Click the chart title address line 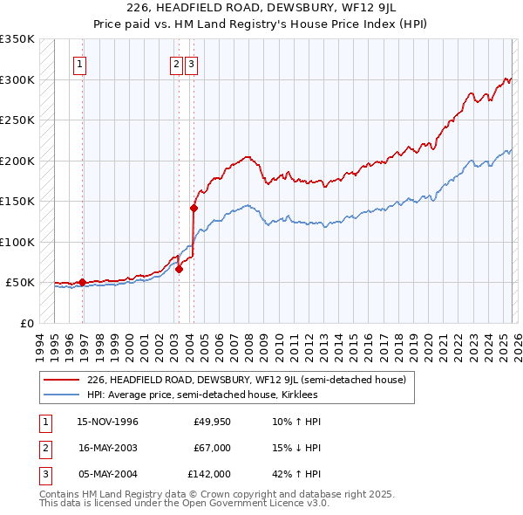click(261, 9)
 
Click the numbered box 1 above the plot click(79, 63)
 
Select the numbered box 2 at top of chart click(176, 63)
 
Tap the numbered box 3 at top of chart click(191, 63)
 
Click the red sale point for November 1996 click(82, 282)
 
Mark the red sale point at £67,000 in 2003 click(179, 269)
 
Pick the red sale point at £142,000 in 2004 click(194, 208)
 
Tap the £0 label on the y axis click(26, 323)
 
